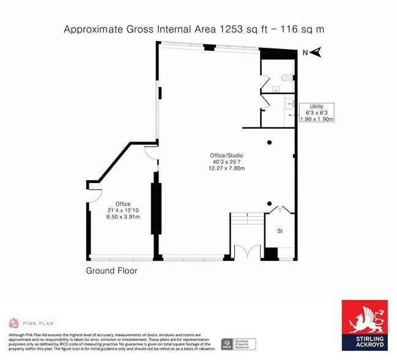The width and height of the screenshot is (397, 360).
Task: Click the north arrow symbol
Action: [316, 53]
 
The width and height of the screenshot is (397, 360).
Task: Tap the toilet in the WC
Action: [284, 77]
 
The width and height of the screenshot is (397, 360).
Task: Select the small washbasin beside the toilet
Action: [276, 89]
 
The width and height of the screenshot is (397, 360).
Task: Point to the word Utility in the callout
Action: [316, 107]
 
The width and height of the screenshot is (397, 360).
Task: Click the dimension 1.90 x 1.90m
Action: [316, 119]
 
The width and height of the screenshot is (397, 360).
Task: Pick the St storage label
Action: [280, 231]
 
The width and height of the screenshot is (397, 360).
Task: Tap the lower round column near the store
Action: [269, 203]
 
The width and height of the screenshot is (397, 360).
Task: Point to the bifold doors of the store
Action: [280, 210]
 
